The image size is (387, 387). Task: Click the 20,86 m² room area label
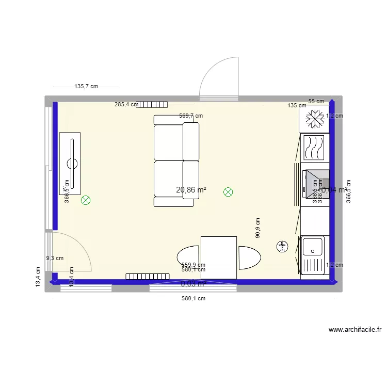tap(191, 190)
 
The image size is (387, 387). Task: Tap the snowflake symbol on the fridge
tap(313, 120)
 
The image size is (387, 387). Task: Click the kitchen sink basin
tap(313, 246)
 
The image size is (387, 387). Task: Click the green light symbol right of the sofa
tap(228, 192)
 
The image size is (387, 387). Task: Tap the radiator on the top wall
tap(152, 104)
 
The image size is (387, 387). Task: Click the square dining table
tap(219, 257)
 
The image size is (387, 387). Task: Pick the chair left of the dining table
tap(188, 257)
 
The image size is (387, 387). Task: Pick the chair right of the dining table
tap(250, 257)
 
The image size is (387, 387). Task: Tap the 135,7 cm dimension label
tap(87, 87)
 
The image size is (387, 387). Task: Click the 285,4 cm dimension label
tap(126, 104)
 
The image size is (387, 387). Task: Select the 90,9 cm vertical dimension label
tap(258, 228)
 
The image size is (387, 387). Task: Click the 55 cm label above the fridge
tap(316, 102)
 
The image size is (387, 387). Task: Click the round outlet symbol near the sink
tap(282, 247)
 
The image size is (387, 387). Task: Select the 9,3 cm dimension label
tap(55, 259)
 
